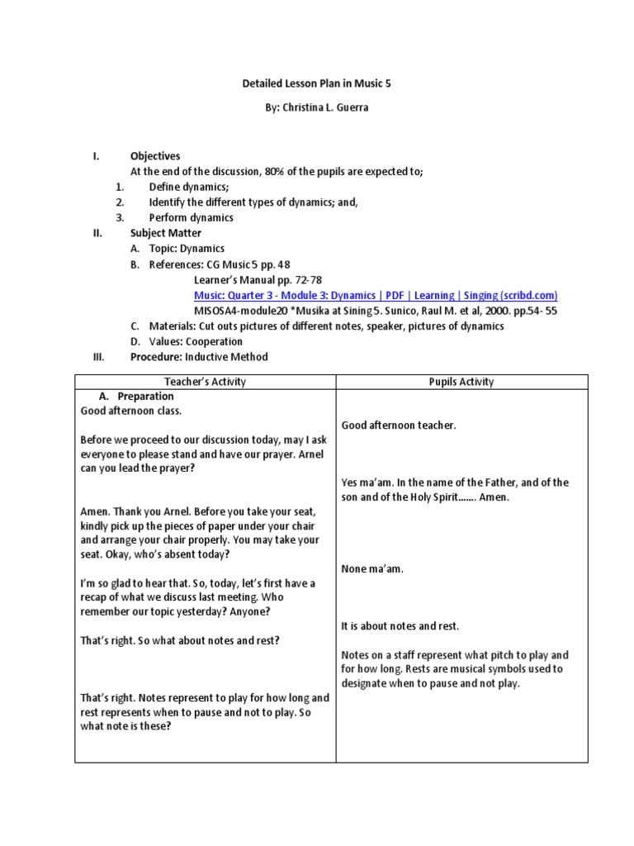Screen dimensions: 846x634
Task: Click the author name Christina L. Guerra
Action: point(317,108)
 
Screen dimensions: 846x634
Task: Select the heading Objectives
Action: point(155,156)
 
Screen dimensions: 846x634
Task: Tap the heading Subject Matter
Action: point(166,233)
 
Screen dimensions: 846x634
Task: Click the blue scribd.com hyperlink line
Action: point(376,295)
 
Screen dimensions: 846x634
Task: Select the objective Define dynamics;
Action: point(189,187)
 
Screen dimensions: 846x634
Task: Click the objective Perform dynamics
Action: point(191,218)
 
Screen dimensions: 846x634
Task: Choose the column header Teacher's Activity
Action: point(205,382)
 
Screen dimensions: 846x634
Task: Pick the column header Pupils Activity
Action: point(461,382)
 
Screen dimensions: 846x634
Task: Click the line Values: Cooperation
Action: point(196,341)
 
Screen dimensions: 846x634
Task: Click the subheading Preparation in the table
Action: point(145,397)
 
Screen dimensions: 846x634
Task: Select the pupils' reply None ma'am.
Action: point(372,568)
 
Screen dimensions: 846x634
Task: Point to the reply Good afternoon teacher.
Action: point(399,425)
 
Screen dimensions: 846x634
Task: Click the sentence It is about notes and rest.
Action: point(400,626)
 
